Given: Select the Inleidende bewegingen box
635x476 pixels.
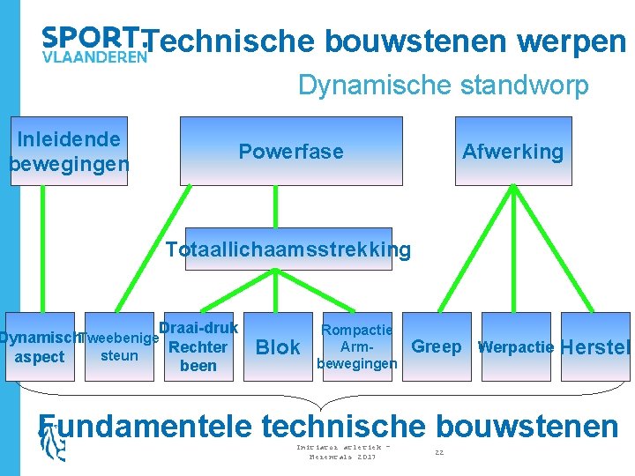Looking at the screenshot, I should point(69,151).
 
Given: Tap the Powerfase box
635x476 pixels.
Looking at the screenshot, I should point(291,151).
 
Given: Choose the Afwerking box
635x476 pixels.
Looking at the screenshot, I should point(512,151).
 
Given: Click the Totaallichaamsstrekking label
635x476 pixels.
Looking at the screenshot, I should point(288,249).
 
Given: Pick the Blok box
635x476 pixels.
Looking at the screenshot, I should point(278,346).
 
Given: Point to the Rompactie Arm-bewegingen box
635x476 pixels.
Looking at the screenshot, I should point(357,346).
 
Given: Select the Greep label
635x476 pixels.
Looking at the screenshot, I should point(436,346).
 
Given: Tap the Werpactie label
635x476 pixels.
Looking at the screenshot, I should point(516,346).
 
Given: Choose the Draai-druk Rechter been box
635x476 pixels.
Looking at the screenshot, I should point(198,346).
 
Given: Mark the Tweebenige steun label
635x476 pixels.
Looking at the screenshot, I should point(119,346).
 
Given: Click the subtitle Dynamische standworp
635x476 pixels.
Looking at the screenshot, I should point(443,86).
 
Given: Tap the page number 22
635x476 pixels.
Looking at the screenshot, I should point(439,452).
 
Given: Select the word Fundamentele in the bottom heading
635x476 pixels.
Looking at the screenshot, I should point(146,426).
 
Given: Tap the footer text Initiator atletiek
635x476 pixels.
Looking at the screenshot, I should point(340,448).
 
